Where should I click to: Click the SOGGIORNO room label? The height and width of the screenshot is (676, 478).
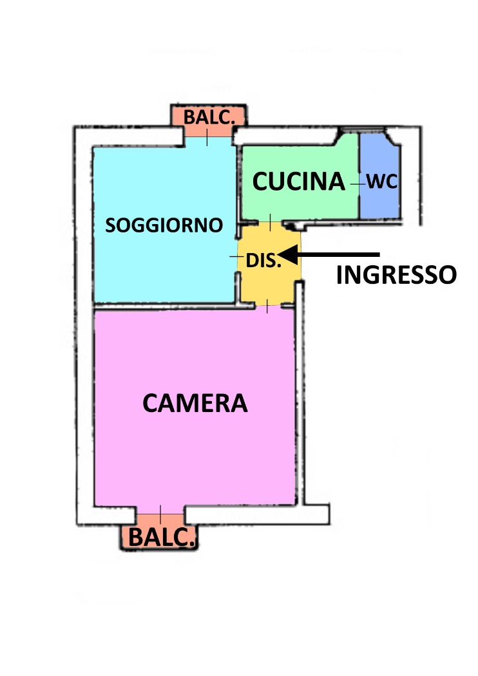point(164,225)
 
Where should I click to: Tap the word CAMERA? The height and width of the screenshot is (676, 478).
point(195,403)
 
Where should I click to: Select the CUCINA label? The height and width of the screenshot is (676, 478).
point(298,181)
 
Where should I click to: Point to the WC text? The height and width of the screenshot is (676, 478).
point(382,182)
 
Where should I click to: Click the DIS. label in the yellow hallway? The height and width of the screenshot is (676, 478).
point(263,260)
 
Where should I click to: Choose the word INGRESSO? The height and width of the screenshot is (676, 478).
point(396,275)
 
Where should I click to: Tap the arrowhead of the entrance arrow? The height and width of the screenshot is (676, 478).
point(288,254)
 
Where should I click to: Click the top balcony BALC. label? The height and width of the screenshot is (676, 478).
point(209,117)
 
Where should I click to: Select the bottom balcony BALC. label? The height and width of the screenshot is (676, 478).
point(162,537)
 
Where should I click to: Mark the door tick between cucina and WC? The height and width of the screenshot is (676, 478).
point(358,184)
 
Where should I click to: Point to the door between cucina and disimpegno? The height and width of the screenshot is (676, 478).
point(270,222)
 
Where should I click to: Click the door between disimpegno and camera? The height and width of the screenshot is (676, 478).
point(267,306)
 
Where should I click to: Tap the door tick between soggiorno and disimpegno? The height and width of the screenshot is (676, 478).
point(237,257)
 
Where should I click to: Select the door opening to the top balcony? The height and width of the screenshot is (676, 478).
point(207,137)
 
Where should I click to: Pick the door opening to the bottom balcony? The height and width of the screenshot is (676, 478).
point(160,514)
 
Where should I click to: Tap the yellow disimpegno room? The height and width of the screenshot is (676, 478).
point(269,264)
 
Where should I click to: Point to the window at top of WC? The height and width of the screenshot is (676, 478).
point(363,129)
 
